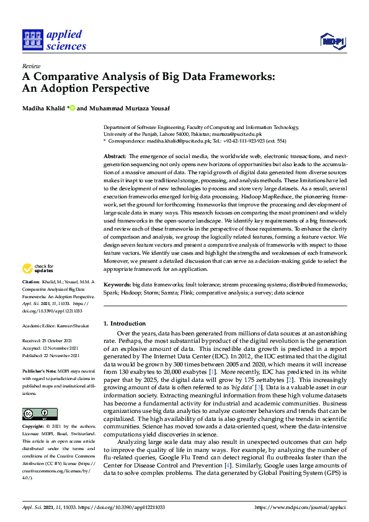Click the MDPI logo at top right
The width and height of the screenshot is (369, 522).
click(333, 40)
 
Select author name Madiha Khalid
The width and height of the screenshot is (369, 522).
click(43, 108)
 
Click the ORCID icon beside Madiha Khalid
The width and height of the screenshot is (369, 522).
click(72, 108)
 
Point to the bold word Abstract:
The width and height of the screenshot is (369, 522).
click(115, 156)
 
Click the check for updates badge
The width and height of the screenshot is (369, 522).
click(38, 268)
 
